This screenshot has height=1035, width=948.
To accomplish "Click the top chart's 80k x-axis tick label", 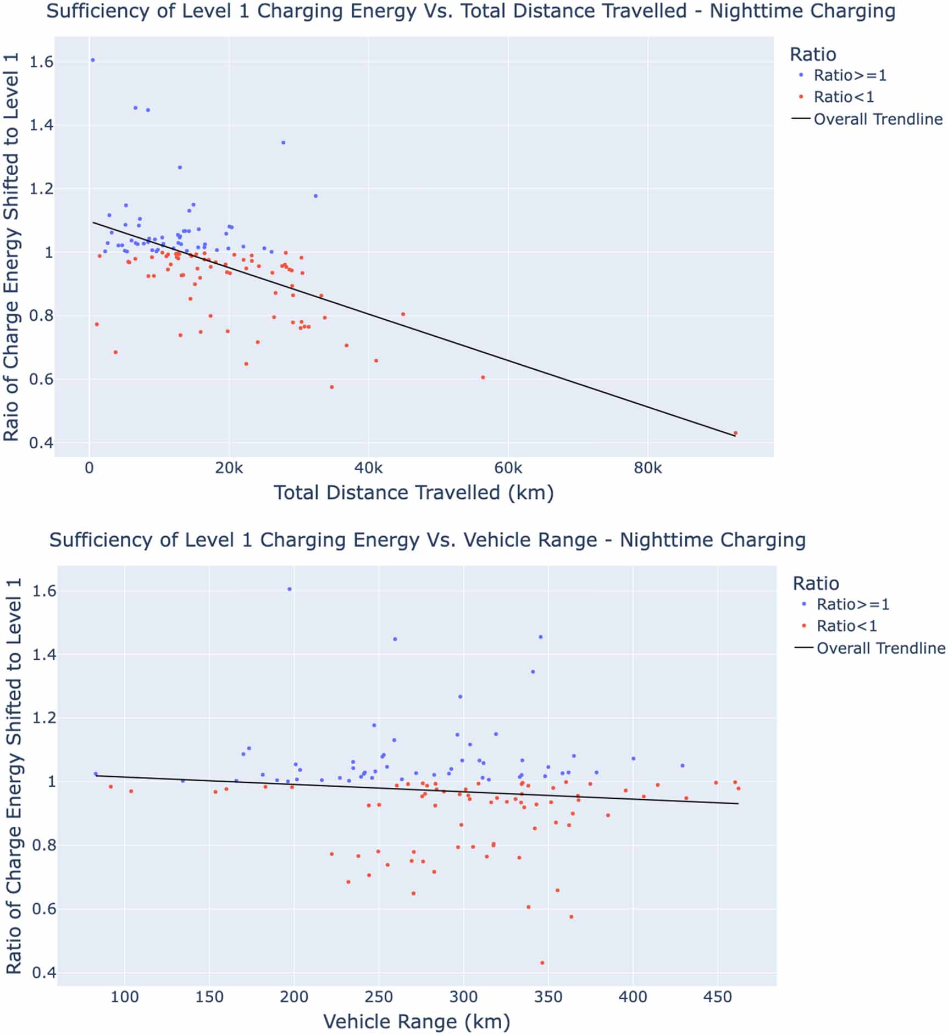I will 647,468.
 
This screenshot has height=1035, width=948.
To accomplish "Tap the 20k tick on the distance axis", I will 229,468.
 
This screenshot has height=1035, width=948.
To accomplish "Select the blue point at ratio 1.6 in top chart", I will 92,60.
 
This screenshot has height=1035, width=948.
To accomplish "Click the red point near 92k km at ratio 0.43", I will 735,433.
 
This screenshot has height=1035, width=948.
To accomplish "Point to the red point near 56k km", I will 483,377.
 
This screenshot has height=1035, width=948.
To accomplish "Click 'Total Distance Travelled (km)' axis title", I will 413,493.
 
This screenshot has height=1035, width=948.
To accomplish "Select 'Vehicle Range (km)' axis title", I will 417,1021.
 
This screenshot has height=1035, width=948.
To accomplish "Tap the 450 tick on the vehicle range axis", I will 718,997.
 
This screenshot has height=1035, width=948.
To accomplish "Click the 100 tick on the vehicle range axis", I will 125,997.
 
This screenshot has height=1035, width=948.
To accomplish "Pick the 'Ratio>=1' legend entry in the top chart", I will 850,75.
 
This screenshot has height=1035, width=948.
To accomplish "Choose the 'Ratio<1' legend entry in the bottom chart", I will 846,626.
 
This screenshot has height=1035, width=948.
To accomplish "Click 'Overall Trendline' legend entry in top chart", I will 878,119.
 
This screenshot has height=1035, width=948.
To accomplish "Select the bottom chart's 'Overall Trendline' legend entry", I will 880,648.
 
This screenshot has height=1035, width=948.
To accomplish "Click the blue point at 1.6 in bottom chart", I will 290,589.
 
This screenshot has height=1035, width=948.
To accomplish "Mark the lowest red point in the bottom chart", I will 542,962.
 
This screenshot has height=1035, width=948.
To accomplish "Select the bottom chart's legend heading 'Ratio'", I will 816,583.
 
